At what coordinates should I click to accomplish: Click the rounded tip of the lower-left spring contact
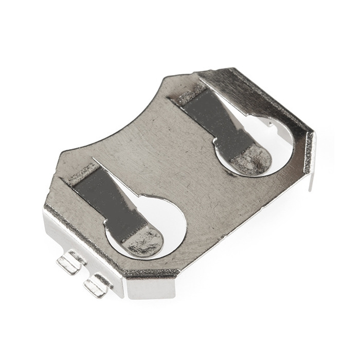click(x=145, y=241)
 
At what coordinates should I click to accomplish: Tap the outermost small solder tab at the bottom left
click(x=69, y=263)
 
